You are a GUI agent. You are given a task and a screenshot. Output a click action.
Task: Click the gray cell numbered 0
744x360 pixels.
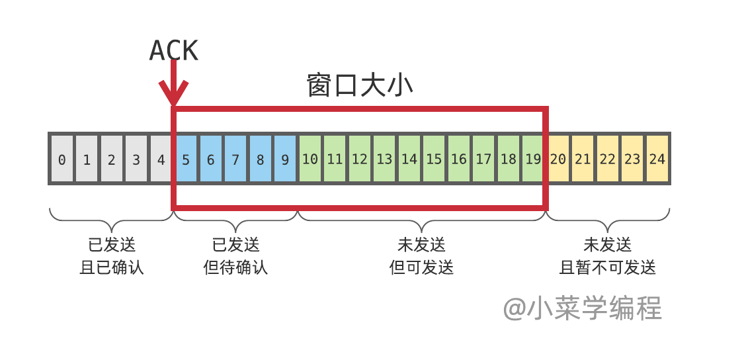tap(62, 159)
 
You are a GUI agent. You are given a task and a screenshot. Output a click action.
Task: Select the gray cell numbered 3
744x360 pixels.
tap(136, 159)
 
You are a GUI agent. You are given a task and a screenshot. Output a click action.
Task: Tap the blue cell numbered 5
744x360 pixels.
tap(186, 159)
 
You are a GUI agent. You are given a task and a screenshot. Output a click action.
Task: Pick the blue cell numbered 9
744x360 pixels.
tap(285, 159)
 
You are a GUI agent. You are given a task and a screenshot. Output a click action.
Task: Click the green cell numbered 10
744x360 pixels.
tap(310, 159)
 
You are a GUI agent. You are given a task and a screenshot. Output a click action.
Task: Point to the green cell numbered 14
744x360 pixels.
tap(409, 159)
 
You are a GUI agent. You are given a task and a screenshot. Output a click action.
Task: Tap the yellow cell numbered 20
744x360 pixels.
tap(559, 159)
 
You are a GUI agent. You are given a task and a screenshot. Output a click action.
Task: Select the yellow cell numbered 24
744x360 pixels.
tap(657, 159)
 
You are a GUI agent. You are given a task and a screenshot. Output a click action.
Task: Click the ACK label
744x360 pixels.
tap(173, 51)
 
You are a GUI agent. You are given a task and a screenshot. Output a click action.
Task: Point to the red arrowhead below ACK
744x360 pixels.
tap(173, 93)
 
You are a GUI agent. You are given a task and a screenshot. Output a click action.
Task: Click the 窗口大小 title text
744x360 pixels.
tap(360, 86)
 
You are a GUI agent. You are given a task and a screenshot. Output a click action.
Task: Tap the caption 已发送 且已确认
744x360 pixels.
tap(112, 256)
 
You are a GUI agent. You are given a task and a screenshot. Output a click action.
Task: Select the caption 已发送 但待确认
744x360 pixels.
tap(236, 256)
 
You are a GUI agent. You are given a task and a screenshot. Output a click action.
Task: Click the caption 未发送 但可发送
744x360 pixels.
tap(422, 256)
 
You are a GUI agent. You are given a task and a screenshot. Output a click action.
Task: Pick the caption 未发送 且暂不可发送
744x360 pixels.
tap(608, 256)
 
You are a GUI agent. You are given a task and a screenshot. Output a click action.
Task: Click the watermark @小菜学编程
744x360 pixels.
tap(582, 308)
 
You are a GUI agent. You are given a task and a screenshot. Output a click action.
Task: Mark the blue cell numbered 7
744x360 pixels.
tap(235, 159)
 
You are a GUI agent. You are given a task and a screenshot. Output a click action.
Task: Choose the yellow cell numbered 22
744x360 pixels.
tap(607, 159)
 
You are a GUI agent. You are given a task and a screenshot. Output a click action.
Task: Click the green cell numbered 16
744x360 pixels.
tap(459, 159)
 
